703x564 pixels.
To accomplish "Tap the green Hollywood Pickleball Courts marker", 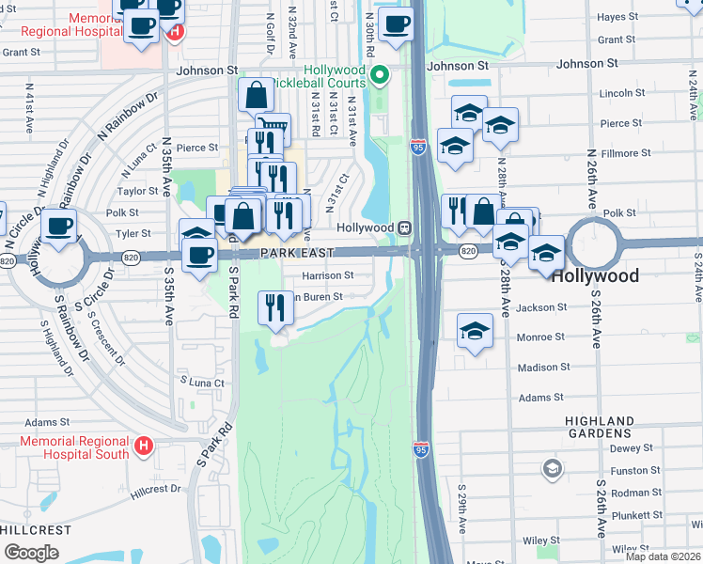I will click(x=380, y=74).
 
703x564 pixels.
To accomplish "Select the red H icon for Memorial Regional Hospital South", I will click(x=144, y=445).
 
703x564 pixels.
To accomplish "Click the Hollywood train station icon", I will click(x=404, y=227).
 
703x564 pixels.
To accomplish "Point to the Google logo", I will click(x=30, y=553).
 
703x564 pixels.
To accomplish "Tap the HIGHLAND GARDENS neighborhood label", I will click(x=599, y=427).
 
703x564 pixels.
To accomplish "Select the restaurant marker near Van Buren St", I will click(x=275, y=307).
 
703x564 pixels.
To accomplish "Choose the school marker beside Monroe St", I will click(x=475, y=331).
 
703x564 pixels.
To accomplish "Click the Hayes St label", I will click(x=617, y=17).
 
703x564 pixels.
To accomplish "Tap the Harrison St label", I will click(x=327, y=275).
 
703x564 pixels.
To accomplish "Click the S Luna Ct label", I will click(x=202, y=383).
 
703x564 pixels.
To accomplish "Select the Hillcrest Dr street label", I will click(x=155, y=489).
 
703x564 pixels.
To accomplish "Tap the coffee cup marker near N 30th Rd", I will click(x=396, y=24).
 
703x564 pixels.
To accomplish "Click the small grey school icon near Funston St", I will click(x=553, y=467).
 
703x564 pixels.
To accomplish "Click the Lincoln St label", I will click(x=620, y=93).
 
